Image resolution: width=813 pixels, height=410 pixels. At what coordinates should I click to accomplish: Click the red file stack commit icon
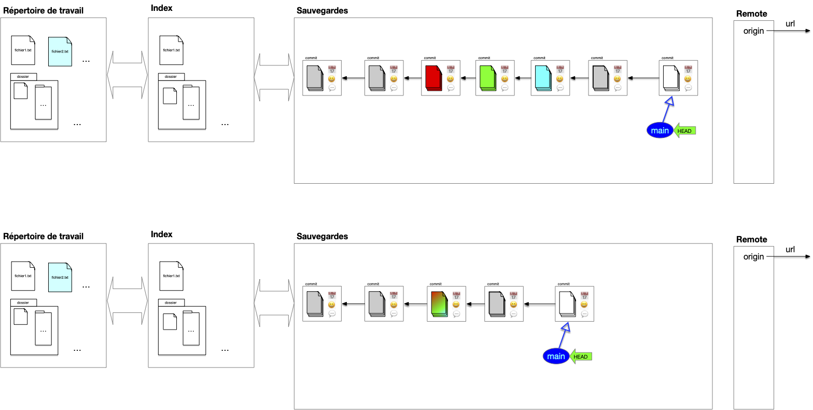pos(433,78)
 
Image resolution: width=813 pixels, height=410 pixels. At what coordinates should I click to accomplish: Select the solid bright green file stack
pos(487,78)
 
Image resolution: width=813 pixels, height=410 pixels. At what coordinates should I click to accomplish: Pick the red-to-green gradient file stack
pos(439,304)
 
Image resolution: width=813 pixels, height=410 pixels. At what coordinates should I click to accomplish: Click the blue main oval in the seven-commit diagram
pos(660,130)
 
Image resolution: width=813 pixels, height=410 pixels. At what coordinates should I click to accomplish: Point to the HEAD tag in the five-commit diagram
pos(581,357)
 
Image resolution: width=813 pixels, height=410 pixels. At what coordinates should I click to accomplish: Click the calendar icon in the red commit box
pos(451,70)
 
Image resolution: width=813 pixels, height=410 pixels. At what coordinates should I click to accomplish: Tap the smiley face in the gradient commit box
pos(456,305)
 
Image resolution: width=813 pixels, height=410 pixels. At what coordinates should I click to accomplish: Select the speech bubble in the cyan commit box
pos(559,88)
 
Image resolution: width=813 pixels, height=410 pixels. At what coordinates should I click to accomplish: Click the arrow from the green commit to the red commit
pos(468,79)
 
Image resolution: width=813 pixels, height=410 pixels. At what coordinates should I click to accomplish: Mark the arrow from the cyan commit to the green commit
pos(523,79)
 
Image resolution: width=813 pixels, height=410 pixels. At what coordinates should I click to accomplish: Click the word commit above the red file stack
pos(429,58)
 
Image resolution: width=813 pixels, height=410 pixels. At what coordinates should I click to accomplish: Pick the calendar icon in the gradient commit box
pos(456,295)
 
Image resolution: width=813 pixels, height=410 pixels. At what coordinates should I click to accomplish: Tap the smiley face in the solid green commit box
pos(504,79)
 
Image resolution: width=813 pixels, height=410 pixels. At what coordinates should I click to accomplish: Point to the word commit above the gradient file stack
pos(436,284)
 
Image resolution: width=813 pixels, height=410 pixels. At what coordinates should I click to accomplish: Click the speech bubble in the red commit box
pos(451,88)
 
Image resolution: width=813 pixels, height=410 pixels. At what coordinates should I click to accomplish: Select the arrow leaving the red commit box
pos(412,79)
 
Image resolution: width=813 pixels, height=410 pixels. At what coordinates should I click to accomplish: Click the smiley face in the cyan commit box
pos(559,79)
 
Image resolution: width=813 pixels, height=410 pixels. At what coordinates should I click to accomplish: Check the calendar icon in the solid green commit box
pos(504,70)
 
